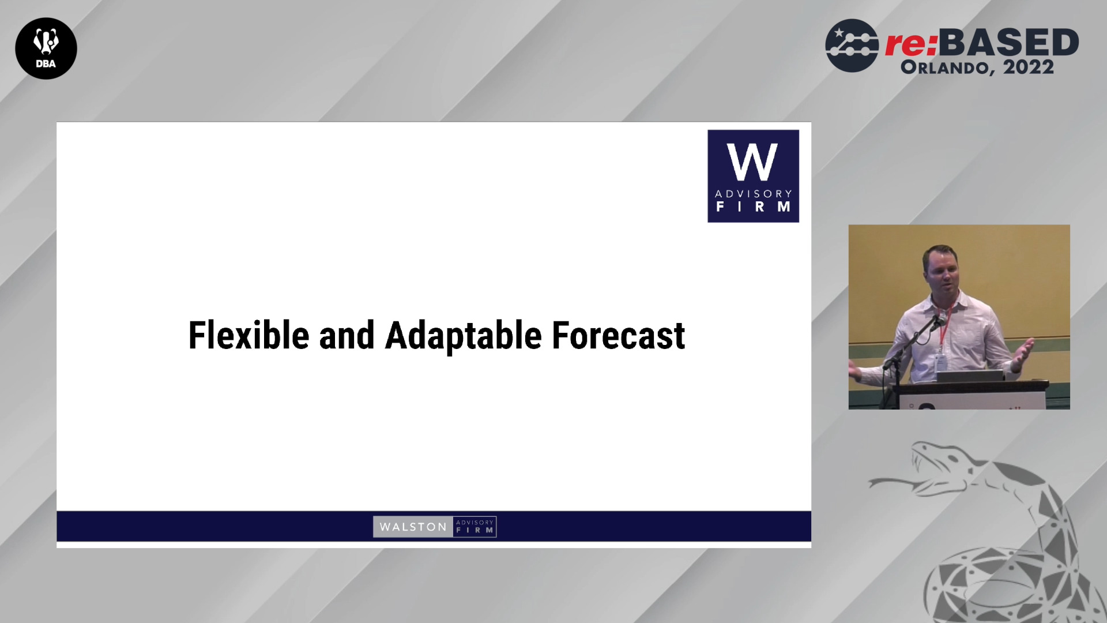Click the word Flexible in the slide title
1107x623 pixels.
(248, 335)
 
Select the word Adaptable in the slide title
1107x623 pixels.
(463, 336)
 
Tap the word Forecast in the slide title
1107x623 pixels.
(619, 335)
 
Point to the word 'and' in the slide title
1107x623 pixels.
(347, 335)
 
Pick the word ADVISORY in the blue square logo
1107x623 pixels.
(754, 194)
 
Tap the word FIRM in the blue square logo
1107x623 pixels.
(754, 207)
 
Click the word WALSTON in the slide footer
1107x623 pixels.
(413, 527)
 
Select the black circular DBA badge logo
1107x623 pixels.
(46, 48)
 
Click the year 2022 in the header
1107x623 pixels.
(1029, 67)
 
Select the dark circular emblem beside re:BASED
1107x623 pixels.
(852, 46)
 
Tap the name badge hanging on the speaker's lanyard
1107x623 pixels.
(940, 363)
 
